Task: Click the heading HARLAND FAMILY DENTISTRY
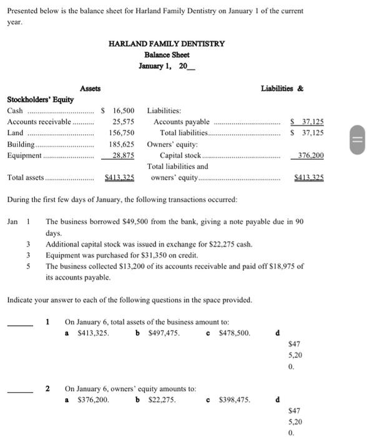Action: point(167,44)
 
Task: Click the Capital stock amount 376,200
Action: point(311,155)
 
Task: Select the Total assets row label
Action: point(26,178)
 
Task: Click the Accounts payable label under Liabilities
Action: point(182,122)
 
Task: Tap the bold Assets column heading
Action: point(91,89)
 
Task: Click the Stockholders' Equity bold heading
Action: point(40,99)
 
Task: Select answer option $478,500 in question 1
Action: point(232,333)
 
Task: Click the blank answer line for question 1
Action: point(20,325)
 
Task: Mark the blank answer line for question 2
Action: point(20,391)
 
